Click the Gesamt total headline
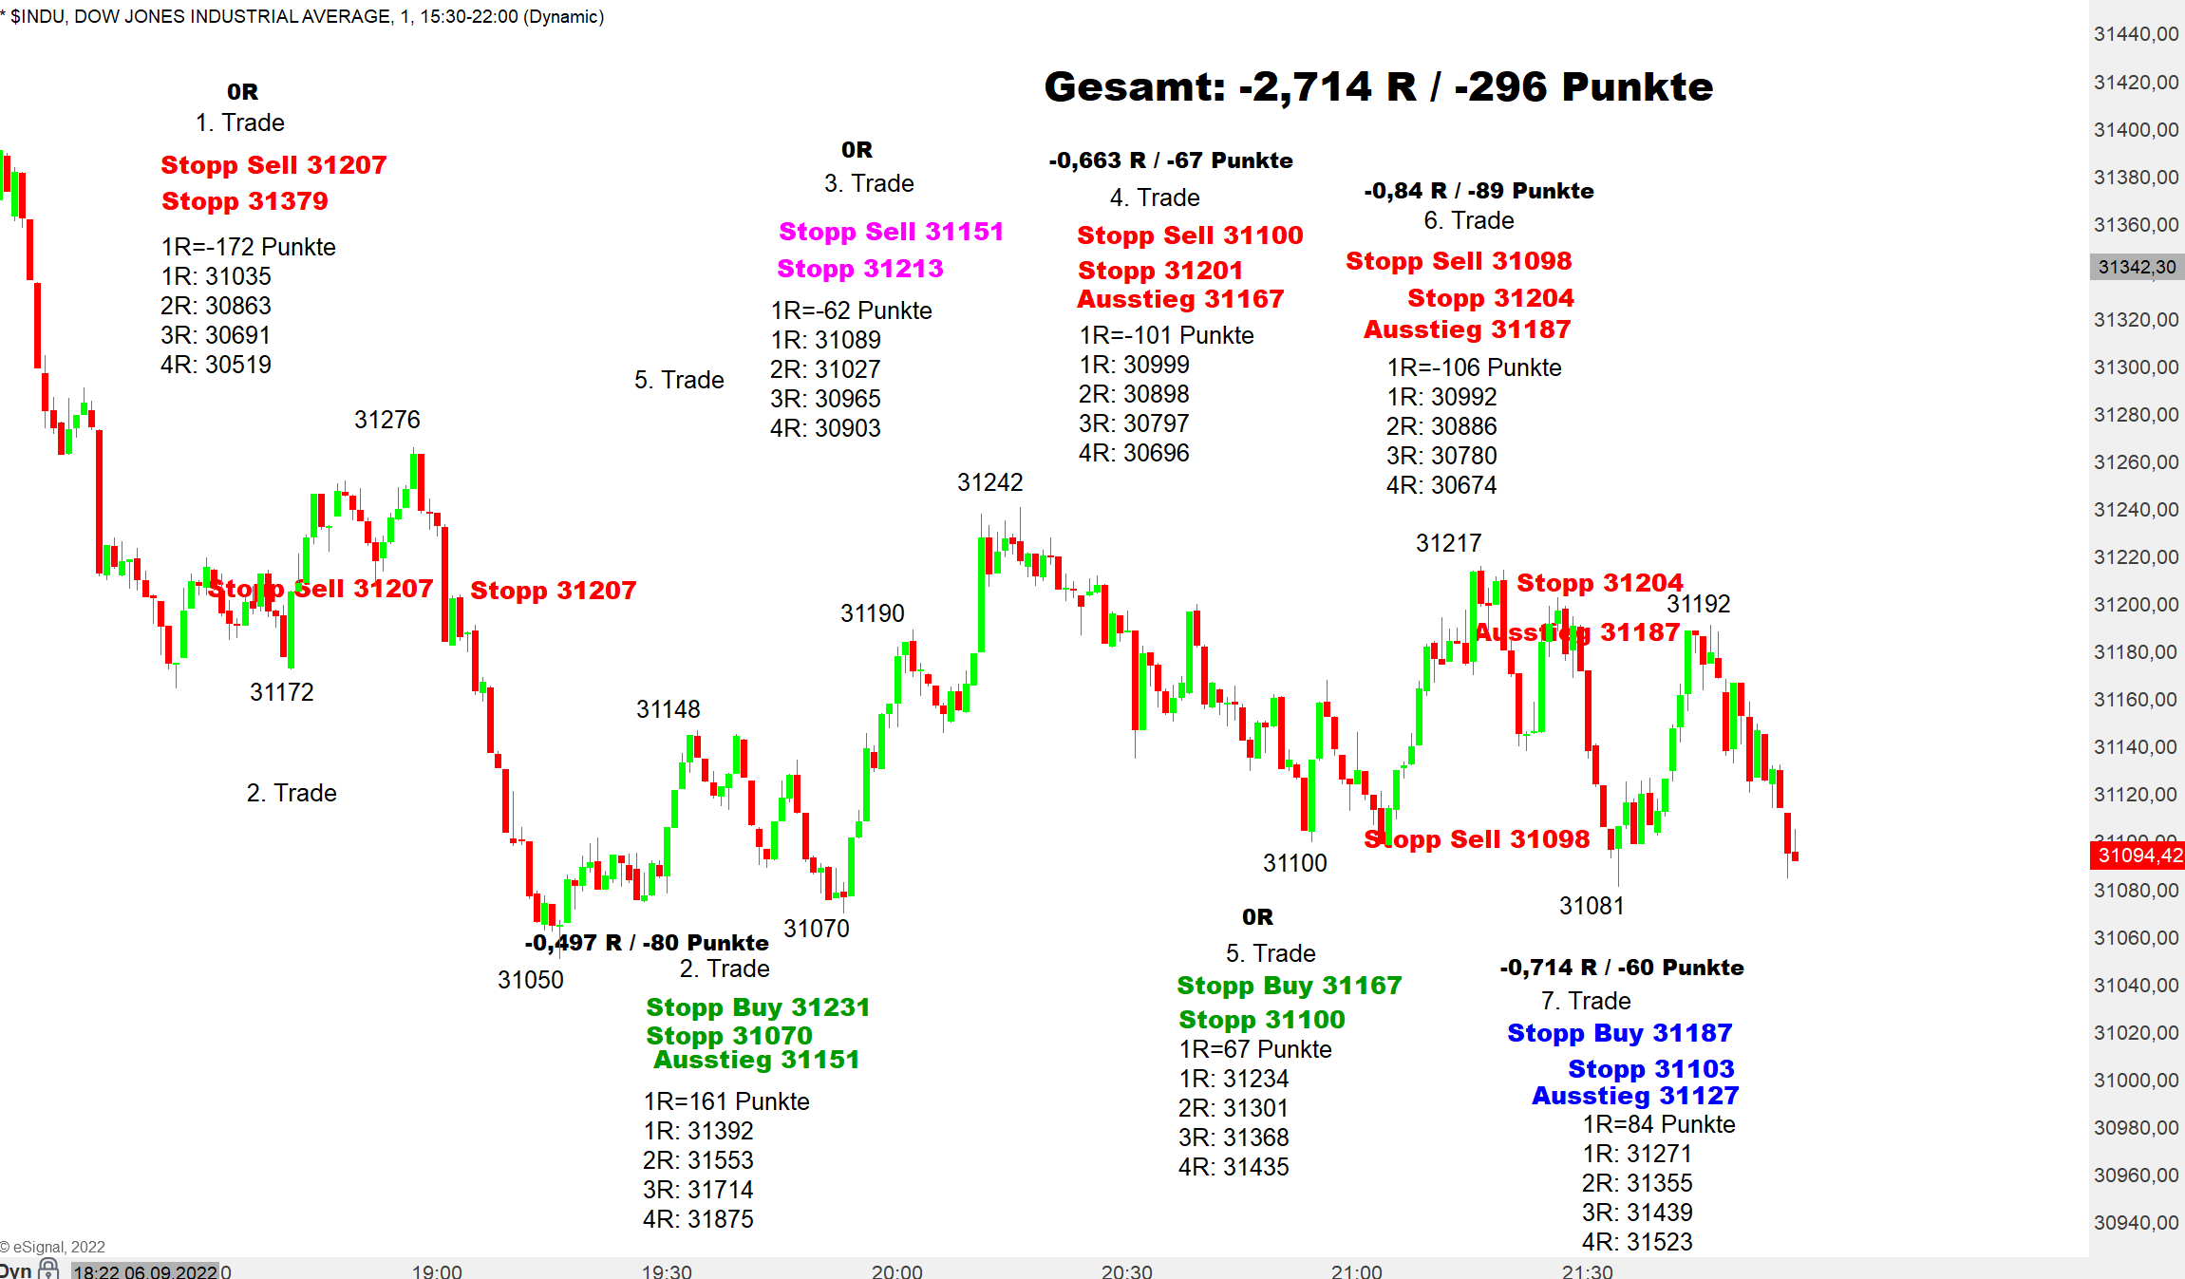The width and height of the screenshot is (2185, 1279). click(x=1378, y=87)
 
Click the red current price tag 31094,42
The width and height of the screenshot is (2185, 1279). click(x=2138, y=855)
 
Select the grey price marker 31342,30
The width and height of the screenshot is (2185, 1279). click(x=2136, y=268)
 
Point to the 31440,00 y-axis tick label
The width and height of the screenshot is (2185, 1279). click(x=2136, y=34)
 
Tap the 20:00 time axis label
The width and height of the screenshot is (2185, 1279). click(x=896, y=1270)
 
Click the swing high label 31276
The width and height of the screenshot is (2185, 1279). click(x=386, y=420)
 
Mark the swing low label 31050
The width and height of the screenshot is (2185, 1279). click(x=530, y=980)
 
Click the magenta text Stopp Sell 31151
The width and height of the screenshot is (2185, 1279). click(x=891, y=232)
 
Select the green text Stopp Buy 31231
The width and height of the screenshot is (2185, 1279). click(x=758, y=1007)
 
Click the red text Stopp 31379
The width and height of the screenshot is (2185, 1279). click(x=245, y=201)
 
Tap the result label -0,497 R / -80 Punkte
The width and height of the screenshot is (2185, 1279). click(x=646, y=943)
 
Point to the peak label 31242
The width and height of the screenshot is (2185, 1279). click(x=989, y=482)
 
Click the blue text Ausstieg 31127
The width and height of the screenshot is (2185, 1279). click(x=1635, y=1096)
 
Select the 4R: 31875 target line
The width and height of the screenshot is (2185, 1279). click(x=698, y=1219)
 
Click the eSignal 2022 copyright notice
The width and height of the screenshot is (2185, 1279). click(x=53, y=1247)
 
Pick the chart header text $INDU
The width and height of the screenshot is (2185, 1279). click(x=38, y=16)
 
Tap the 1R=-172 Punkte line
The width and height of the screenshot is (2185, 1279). click(x=248, y=247)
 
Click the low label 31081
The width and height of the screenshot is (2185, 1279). click(x=1592, y=906)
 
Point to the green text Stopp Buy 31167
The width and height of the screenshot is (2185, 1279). click(x=1289, y=986)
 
